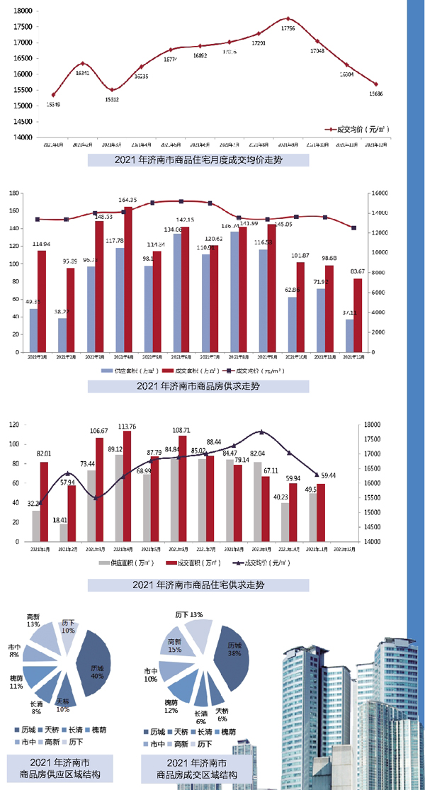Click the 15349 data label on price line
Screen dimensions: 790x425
52,104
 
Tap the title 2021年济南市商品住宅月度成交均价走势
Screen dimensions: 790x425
198,160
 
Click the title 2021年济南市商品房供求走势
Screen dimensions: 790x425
198,387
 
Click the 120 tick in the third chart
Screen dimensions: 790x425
12,424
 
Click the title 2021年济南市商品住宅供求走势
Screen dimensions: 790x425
198,585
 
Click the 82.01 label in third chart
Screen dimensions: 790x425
44,454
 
